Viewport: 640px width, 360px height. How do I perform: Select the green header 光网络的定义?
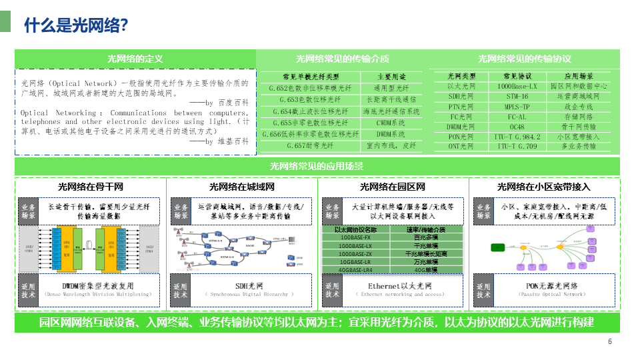[135, 59]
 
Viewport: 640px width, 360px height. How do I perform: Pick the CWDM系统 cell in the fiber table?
[391, 123]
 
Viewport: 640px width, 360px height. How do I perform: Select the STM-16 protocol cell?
[517, 96]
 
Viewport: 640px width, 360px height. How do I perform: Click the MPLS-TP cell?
[517, 106]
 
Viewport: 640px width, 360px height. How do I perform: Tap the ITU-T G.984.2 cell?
[517, 136]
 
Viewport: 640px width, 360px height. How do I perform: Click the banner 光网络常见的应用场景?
[317, 166]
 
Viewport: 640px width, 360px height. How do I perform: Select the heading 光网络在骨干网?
[91, 187]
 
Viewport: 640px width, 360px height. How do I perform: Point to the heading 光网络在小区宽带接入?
[544, 187]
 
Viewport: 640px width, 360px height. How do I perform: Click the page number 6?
[609, 342]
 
